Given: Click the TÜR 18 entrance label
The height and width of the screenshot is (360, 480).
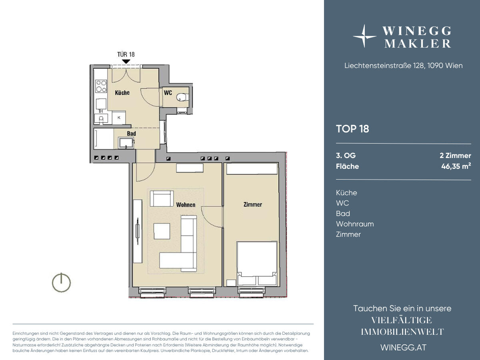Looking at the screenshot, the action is [126, 54].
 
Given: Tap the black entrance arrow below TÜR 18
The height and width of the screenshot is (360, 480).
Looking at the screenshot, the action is [126, 62].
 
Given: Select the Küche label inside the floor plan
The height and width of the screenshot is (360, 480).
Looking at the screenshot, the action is [122, 93].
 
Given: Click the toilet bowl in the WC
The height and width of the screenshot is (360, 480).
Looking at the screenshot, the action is [181, 97].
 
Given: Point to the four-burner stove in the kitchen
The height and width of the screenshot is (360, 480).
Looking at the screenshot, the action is [101, 86].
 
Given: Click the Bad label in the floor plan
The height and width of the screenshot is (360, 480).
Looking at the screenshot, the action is [132, 133].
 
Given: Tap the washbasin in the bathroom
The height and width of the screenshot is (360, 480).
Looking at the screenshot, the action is [126, 143].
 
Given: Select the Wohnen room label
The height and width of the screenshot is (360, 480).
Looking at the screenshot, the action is [186, 204].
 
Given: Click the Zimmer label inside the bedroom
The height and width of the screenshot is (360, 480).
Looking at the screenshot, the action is [253, 204].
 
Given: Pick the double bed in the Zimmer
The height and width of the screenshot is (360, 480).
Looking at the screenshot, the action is [257, 263].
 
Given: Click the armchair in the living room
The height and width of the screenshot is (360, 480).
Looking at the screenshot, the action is [162, 198].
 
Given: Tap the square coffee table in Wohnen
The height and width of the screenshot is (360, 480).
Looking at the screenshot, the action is [162, 231].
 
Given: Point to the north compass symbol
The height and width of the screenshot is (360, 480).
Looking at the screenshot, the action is [62, 282].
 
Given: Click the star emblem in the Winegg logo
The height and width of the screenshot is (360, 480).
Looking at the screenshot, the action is [364, 36].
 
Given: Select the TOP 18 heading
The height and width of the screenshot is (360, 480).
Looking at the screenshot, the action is [352, 129].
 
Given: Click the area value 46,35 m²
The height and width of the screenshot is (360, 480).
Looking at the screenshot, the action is [456, 166].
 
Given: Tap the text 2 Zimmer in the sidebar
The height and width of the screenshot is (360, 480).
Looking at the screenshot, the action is [456, 156].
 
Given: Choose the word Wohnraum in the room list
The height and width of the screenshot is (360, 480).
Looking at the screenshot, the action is [355, 224].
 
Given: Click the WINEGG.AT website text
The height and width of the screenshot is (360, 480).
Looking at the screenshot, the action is [404, 348].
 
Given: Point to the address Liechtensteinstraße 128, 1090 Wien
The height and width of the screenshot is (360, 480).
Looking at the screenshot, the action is [404, 66].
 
